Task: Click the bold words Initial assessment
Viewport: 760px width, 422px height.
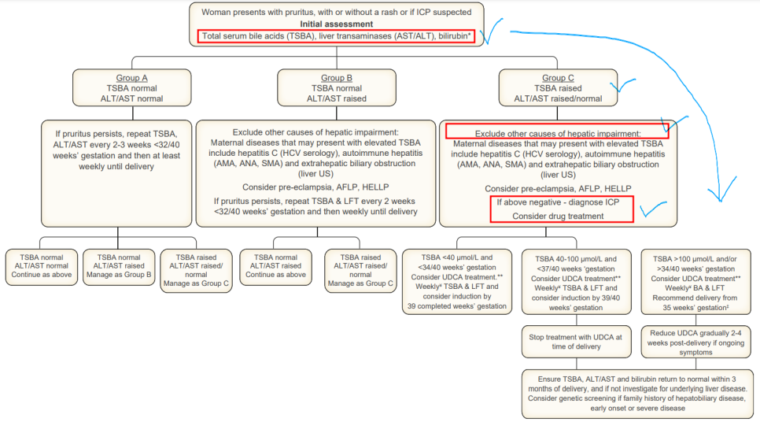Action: click(338, 24)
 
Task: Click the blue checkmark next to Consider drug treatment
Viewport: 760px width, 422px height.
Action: click(653, 211)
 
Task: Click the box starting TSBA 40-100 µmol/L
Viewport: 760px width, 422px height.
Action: click(576, 280)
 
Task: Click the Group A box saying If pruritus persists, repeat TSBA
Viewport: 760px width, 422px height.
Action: click(118, 146)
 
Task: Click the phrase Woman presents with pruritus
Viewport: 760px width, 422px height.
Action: click(291, 13)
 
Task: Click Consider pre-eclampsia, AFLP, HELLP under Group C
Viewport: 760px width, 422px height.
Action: click(559, 189)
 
